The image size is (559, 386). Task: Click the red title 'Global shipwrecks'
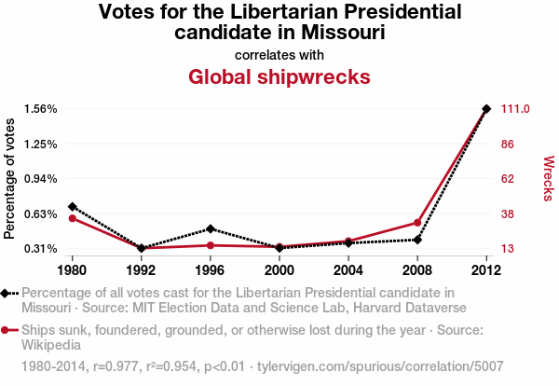pyautogui.click(x=279, y=76)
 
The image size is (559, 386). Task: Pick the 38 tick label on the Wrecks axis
pyautogui.click(x=509, y=214)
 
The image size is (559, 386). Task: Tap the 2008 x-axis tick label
pyautogui.click(x=417, y=270)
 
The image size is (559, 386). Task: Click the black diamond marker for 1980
pyautogui.click(x=73, y=206)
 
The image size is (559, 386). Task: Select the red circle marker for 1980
pyautogui.click(x=73, y=218)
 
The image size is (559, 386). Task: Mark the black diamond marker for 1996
pyautogui.click(x=211, y=228)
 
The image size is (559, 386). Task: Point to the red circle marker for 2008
pyautogui.click(x=417, y=223)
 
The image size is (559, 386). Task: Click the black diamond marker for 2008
pyautogui.click(x=417, y=240)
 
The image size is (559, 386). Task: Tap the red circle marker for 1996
pyautogui.click(x=211, y=245)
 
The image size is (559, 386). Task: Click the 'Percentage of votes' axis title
pyautogui.click(x=10, y=178)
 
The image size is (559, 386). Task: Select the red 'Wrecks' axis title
pyautogui.click(x=548, y=178)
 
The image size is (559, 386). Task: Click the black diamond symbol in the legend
pyautogui.click(x=7, y=294)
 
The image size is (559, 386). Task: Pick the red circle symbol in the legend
pyautogui.click(x=7, y=330)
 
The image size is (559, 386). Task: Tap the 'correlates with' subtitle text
pyautogui.click(x=279, y=55)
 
